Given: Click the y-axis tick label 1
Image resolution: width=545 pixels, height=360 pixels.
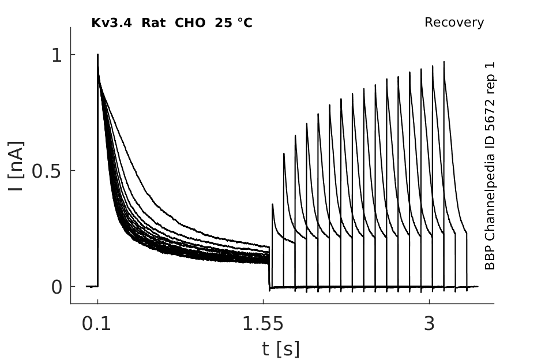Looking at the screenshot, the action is point(57,55).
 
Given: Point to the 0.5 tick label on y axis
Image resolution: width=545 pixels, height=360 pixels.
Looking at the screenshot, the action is point(47,171).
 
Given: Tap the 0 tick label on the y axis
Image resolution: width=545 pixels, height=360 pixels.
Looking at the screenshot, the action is point(57,287).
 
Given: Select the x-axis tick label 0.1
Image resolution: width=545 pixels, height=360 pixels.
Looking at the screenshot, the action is point(96,324).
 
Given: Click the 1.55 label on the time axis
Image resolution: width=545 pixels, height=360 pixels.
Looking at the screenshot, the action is point(263,324).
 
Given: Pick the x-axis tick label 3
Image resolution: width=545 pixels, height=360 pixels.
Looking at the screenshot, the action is point(430,324).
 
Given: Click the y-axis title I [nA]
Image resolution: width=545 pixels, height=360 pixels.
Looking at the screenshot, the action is point(16,166).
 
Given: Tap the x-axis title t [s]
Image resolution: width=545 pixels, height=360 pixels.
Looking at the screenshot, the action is point(281,349).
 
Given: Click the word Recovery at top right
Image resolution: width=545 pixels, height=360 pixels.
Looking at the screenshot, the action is point(454,22).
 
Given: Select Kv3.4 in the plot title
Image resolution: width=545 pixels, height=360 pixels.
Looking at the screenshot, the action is point(111,23).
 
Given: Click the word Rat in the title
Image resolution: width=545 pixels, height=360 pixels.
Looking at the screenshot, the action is point(153,23).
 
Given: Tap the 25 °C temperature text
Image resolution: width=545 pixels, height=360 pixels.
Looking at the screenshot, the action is point(233,23).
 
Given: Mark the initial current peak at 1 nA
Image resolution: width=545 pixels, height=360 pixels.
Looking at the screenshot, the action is point(97,54).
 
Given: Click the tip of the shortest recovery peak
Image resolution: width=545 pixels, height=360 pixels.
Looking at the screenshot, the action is point(272,204).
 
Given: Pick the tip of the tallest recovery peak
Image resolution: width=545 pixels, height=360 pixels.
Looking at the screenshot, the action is point(444,62).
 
